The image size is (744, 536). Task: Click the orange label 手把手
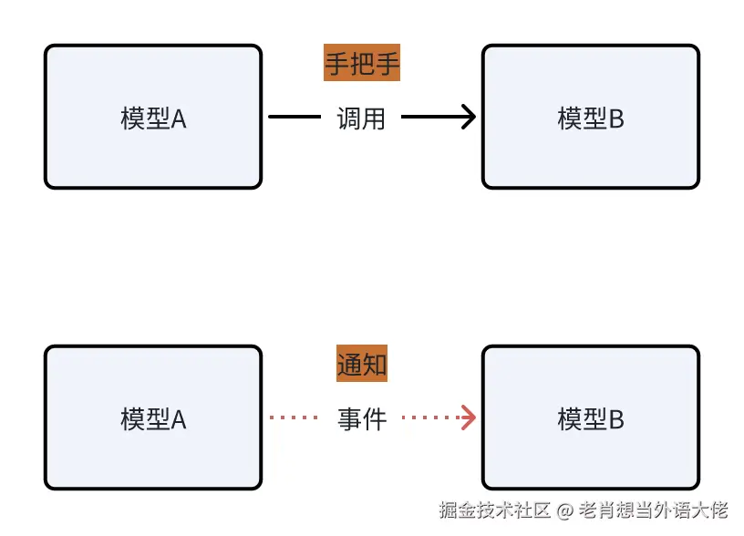[x=362, y=64]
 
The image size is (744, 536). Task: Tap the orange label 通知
[x=362, y=366]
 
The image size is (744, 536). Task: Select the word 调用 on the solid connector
[x=362, y=118]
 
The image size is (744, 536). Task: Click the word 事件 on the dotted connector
[x=362, y=419]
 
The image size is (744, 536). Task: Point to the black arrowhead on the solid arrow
[x=469, y=118]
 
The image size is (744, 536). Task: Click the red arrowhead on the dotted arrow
[x=469, y=418]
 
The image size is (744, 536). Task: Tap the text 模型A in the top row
[x=153, y=119]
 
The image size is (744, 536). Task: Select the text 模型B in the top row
[x=591, y=119]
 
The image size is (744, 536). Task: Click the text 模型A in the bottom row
[x=153, y=419]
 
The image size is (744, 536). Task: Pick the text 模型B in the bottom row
[x=591, y=419]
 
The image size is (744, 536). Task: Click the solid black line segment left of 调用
[x=294, y=118]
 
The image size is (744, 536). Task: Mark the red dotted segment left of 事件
[x=292, y=418]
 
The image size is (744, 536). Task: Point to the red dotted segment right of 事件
[x=430, y=418]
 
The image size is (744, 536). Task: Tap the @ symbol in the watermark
[x=565, y=511]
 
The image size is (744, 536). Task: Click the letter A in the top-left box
[x=179, y=119]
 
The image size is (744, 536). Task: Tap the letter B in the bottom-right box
[x=616, y=420]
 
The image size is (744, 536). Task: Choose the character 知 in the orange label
[x=375, y=366]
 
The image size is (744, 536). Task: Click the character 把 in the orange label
[x=362, y=64]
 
